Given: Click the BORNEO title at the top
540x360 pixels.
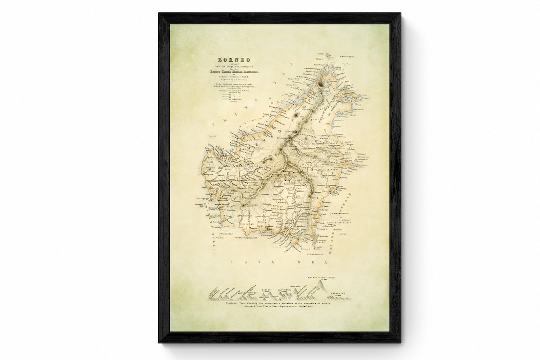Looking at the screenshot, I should [223, 58].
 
